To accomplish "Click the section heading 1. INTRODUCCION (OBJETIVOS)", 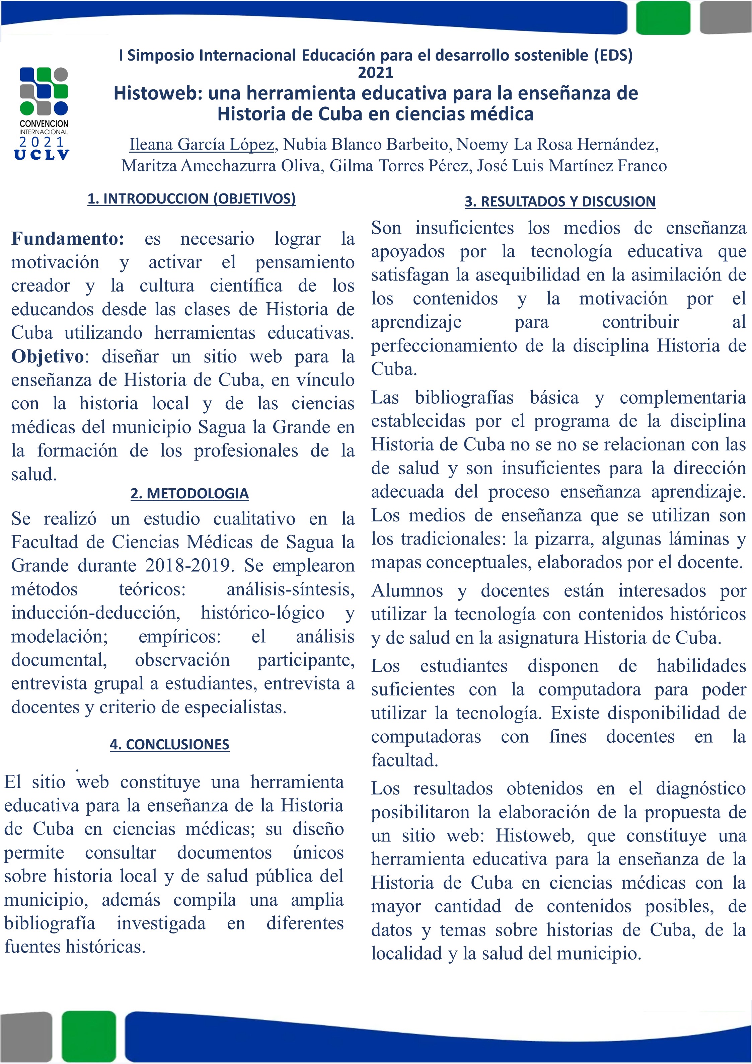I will [192, 199].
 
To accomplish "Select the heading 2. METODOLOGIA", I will [190, 494].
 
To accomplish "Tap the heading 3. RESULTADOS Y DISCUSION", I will [560, 201].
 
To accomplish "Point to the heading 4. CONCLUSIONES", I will [170, 744].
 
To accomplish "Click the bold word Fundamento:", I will [68, 239].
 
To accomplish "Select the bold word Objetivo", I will [47, 357].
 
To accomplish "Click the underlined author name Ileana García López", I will [202, 145].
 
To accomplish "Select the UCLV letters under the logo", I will [42, 155].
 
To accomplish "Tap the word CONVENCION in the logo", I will [44, 124].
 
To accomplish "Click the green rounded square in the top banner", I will [663, 18].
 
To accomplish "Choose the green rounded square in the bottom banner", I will [88, 1037].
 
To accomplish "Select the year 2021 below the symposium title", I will [376, 73].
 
